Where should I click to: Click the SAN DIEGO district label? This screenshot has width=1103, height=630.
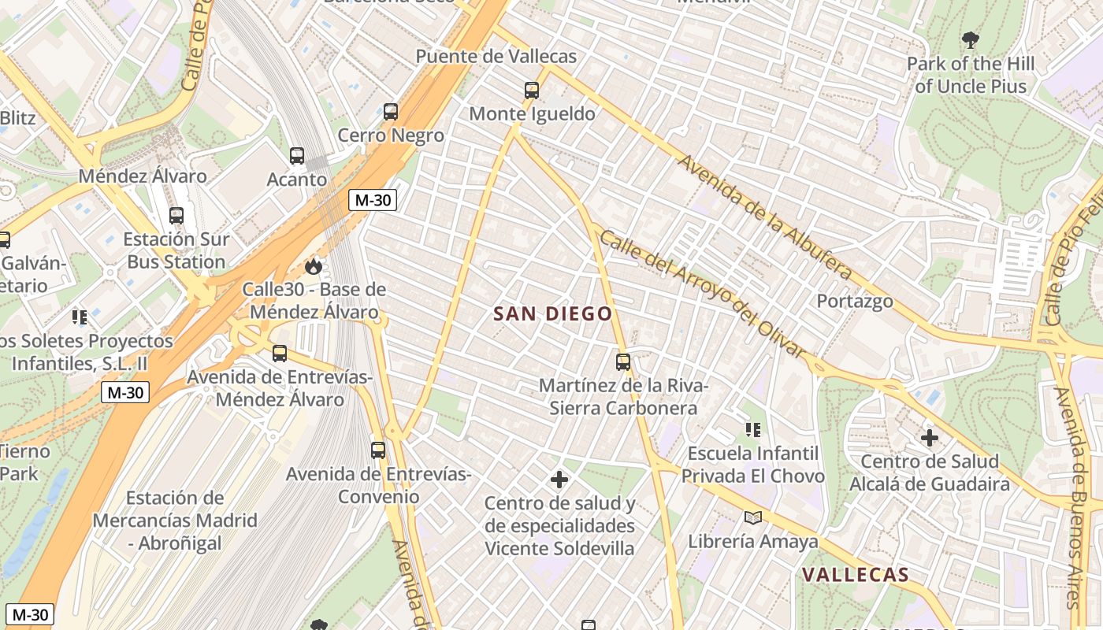(x=552, y=313)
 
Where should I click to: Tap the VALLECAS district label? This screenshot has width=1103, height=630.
(x=856, y=575)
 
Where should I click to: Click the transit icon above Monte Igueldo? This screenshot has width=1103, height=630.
(x=532, y=91)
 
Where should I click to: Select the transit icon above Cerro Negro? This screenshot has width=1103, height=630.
(x=391, y=112)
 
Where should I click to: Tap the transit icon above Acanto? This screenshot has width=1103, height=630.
(x=297, y=156)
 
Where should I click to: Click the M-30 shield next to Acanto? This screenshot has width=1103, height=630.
(x=373, y=200)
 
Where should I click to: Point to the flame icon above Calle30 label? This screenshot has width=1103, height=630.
(x=314, y=266)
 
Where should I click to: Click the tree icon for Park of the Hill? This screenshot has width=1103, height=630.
(x=970, y=39)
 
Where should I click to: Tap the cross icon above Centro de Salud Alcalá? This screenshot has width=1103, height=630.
(x=930, y=438)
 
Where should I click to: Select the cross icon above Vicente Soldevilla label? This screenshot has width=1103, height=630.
(x=559, y=479)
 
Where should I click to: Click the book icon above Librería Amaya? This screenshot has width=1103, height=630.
(x=753, y=517)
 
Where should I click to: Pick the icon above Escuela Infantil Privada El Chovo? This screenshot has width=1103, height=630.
(x=753, y=430)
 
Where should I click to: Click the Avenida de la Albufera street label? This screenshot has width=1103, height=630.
(x=764, y=217)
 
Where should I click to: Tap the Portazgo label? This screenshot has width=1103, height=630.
(x=855, y=301)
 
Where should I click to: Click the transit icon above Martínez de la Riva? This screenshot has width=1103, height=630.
(x=623, y=362)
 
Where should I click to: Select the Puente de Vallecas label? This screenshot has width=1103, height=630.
(x=496, y=57)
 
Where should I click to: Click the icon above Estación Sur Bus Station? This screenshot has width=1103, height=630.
(x=176, y=215)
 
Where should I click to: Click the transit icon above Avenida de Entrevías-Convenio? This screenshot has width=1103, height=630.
(x=378, y=450)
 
